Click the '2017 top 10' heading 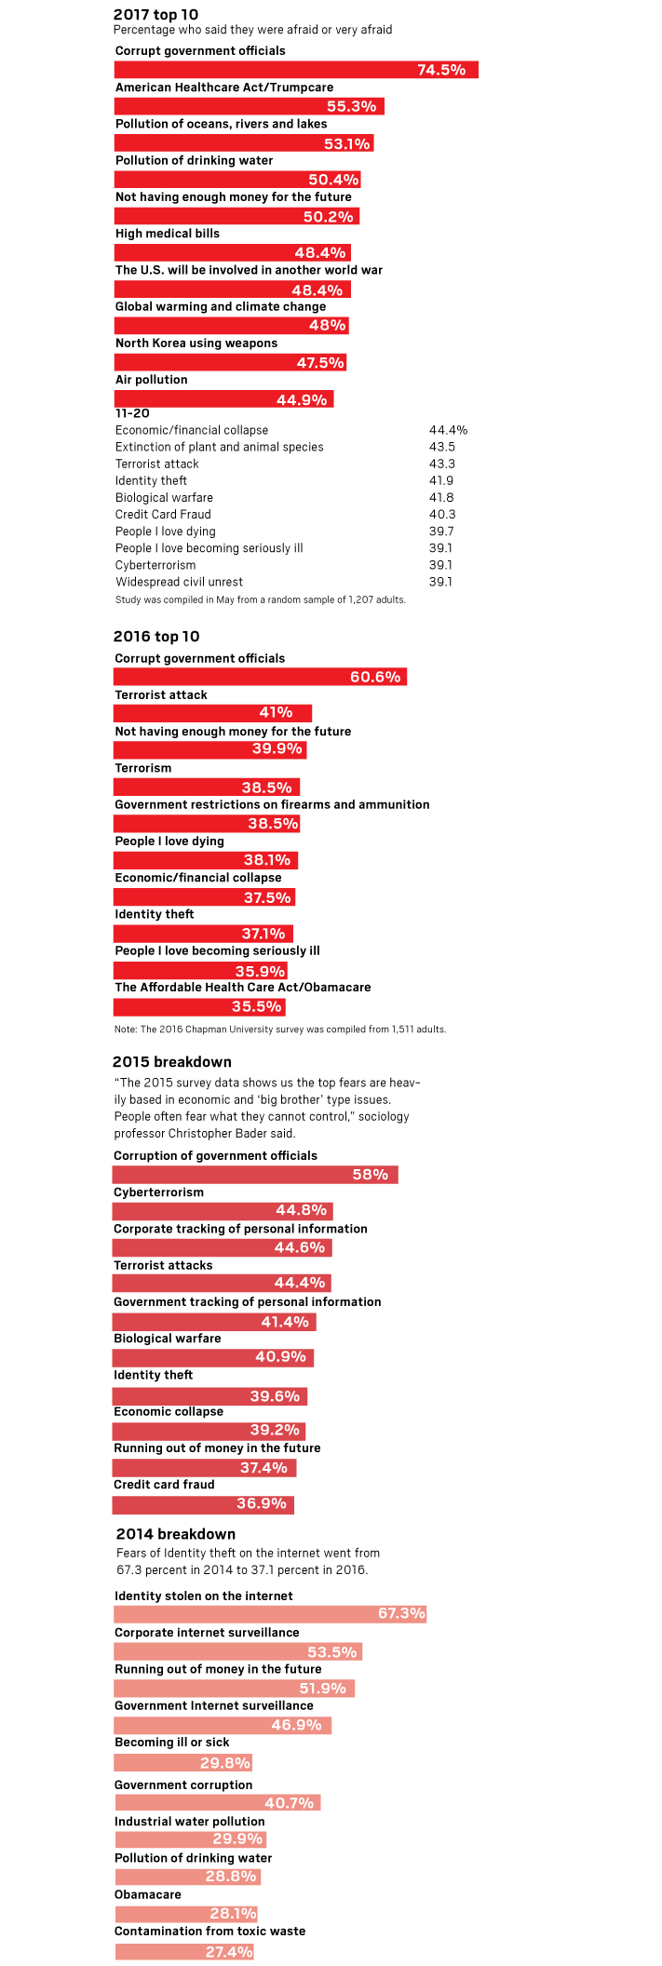pos(155,14)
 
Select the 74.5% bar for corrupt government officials pos(296,70)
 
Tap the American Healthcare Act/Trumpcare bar pos(249,106)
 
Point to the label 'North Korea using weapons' pos(196,343)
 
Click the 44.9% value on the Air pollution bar pos(302,400)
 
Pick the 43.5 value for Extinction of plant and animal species pos(441,447)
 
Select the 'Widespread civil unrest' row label pos(179,582)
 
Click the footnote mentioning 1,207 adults pos(261,599)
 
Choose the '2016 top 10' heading pos(156,637)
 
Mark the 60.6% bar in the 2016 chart pos(260,677)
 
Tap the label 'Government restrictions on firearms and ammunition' pos(272,804)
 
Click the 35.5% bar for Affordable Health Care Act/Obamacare pos(199,1006)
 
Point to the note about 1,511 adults pos(280,1029)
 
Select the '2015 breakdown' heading pos(172,1061)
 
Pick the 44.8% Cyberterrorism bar pos(222,1210)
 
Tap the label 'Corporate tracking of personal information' pos(240,1229)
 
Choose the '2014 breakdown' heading pos(176,1533)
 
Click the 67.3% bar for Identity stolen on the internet pos(270,1613)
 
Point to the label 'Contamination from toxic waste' pos(209,1931)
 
